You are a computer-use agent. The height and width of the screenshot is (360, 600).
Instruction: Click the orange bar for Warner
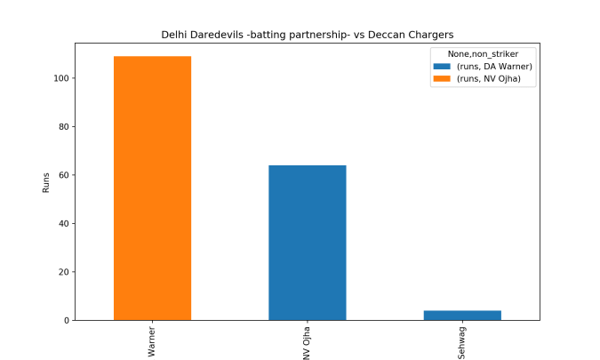(152, 188)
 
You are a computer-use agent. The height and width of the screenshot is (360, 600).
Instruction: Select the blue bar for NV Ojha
(307, 243)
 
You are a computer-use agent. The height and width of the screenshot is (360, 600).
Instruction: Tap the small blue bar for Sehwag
(461, 315)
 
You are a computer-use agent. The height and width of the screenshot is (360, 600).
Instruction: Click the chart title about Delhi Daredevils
(307, 35)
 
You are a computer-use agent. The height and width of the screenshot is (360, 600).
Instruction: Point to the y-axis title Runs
(46, 182)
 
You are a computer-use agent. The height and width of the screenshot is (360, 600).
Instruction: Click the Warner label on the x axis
(152, 341)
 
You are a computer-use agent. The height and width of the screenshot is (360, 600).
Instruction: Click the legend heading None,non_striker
(482, 54)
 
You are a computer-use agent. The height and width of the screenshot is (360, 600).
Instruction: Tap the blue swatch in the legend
(442, 67)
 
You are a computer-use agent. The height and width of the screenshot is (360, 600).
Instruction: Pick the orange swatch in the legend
(442, 79)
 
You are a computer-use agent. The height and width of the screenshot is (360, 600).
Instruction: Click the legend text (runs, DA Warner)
(494, 67)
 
